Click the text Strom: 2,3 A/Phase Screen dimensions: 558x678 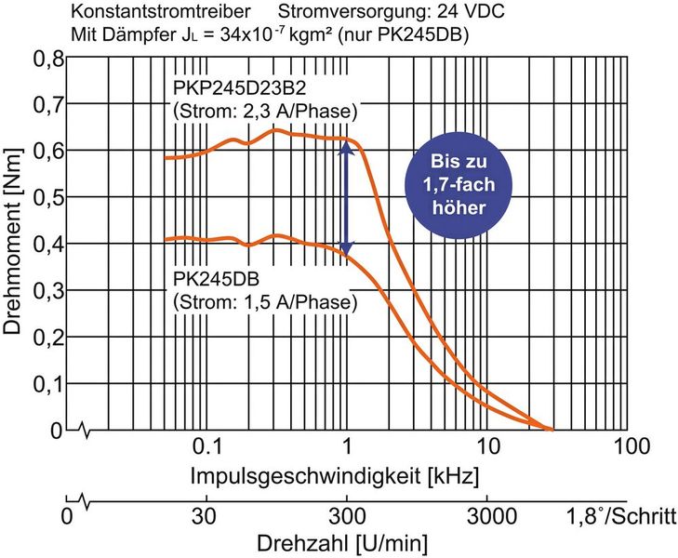click(x=266, y=112)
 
